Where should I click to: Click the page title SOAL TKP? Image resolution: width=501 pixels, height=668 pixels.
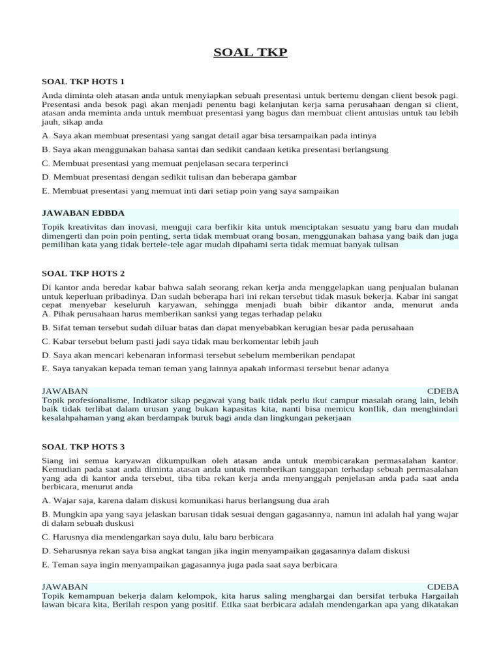[x=250, y=52]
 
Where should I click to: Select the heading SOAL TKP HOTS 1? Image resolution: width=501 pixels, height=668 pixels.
[x=83, y=82]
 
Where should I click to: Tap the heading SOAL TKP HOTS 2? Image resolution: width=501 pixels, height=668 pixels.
[x=83, y=273]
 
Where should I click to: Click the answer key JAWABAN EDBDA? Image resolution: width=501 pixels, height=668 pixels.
[x=83, y=213]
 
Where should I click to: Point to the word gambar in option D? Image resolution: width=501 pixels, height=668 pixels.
[x=282, y=177]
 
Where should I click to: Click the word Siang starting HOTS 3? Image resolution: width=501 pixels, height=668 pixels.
[x=53, y=461]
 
